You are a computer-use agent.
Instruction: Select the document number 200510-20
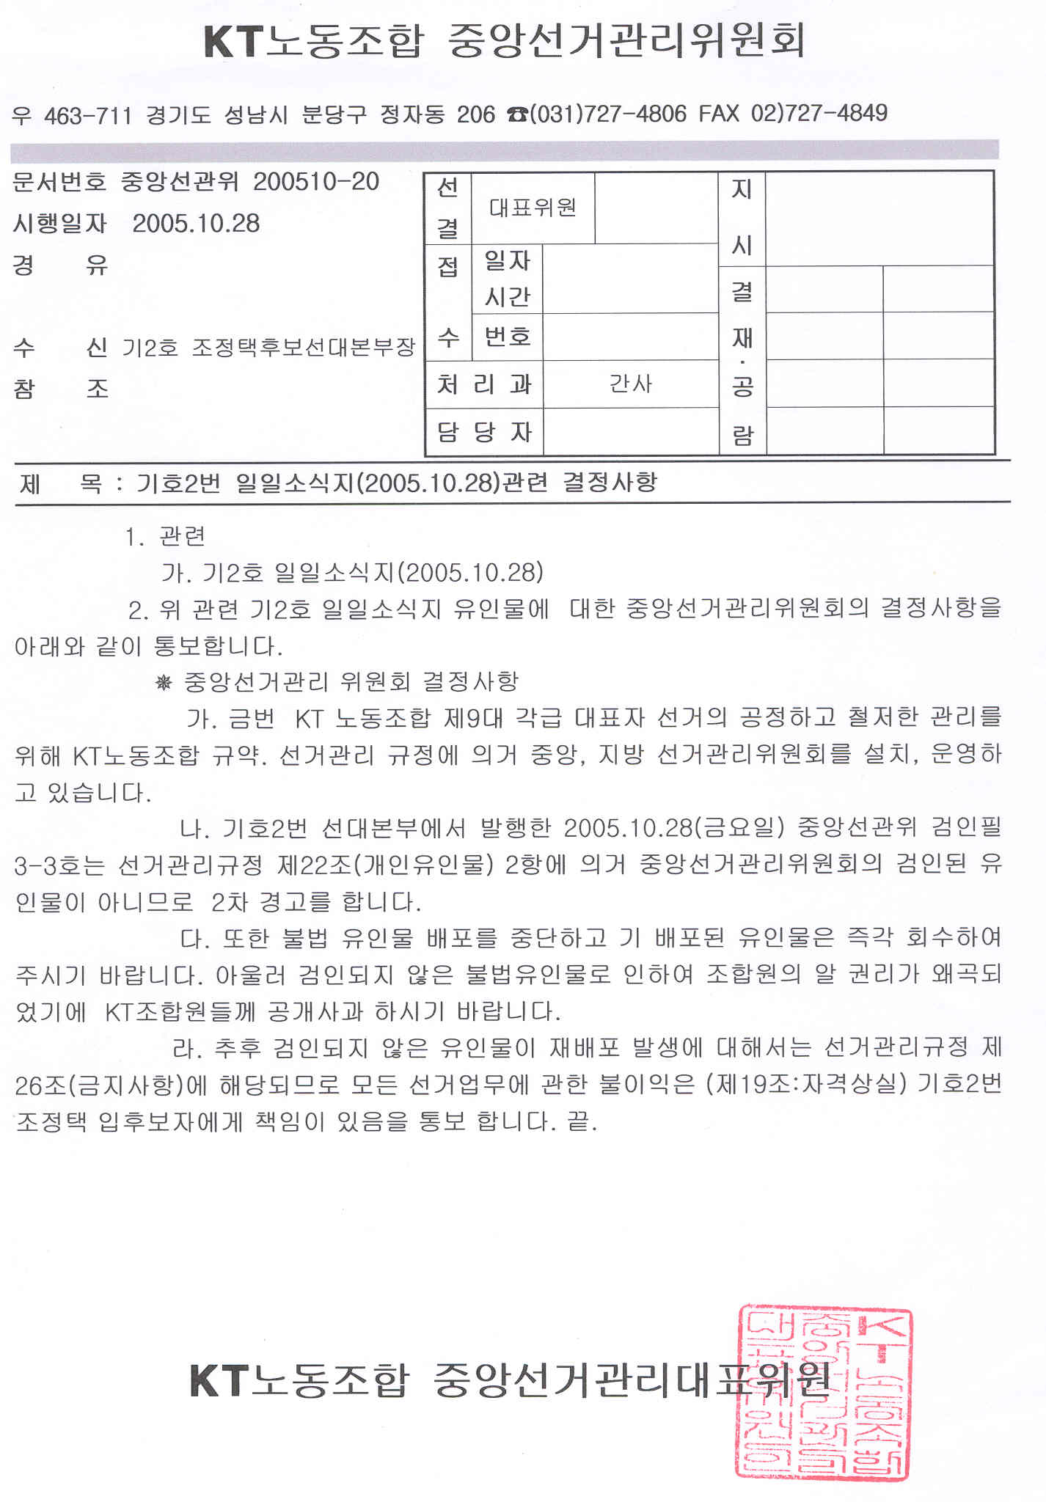click(x=316, y=181)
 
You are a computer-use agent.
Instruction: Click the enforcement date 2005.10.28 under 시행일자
click(x=196, y=223)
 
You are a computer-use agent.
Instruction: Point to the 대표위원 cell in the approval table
click(x=533, y=208)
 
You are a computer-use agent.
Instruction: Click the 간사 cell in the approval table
click(x=630, y=384)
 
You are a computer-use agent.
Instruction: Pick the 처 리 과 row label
click(x=484, y=384)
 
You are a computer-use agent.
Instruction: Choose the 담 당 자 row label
click(x=484, y=431)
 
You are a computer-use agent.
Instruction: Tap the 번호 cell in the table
click(x=508, y=337)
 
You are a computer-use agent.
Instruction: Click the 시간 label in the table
click(x=508, y=296)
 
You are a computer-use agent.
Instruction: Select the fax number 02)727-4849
click(x=819, y=113)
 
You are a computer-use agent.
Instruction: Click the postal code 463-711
click(x=88, y=115)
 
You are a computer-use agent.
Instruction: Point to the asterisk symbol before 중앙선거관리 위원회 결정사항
click(x=164, y=683)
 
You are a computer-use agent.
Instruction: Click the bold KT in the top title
click(x=231, y=41)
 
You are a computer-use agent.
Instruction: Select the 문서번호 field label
click(x=59, y=182)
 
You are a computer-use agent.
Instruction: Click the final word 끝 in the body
click(x=579, y=1121)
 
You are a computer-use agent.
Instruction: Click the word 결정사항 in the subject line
click(x=610, y=482)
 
